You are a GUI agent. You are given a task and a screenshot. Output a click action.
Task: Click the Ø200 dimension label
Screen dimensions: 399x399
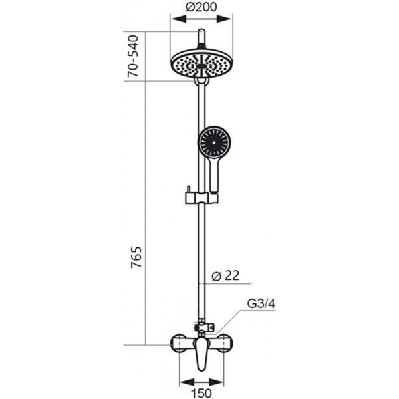(201, 7)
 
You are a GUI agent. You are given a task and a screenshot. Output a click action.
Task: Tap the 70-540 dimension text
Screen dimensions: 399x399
(133, 57)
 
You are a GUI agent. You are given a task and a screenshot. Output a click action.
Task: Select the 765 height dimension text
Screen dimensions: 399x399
(136, 257)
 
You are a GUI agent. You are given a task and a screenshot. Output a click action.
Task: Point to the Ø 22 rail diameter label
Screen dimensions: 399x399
(225, 275)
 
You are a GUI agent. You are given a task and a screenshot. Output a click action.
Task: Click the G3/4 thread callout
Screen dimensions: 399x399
(261, 304)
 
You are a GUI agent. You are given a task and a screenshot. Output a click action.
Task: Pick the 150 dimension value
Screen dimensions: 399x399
(201, 393)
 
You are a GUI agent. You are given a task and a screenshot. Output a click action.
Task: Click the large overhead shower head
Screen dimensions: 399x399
(201, 63)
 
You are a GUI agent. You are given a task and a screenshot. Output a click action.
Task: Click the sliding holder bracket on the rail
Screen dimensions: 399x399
(201, 198)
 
